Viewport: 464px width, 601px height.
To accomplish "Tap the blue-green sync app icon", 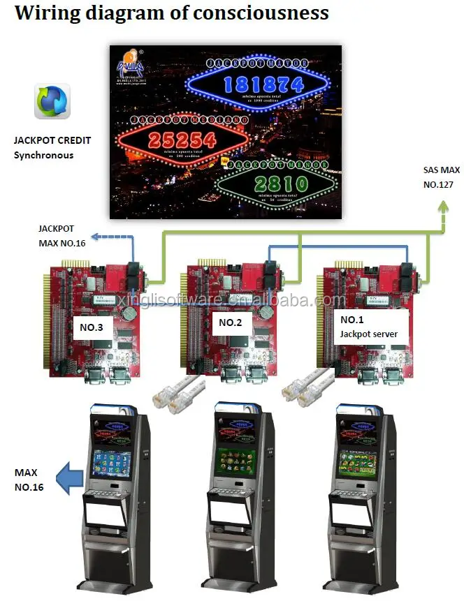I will (x=52, y=102).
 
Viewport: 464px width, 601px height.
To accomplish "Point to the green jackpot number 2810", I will (x=282, y=184).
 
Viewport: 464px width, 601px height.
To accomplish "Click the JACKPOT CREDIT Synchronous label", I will (x=52, y=148).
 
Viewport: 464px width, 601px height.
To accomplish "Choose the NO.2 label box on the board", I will (x=230, y=322).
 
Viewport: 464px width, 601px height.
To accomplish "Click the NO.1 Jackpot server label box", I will (x=369, y=327).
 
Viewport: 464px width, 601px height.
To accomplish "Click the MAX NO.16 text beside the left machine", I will (x=29, y=480).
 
